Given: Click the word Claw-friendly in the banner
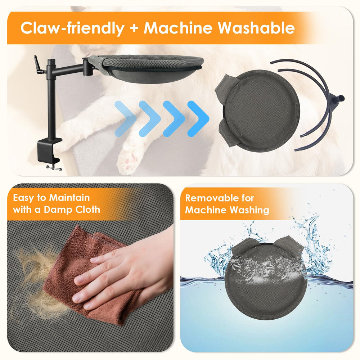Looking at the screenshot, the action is coord(72,28).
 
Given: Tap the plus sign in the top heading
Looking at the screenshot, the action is coord(134,28).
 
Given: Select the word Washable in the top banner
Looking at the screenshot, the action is coord(256,28).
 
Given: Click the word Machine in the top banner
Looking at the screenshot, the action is coord(178,28).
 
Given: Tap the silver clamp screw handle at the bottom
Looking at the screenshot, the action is coord(54,168).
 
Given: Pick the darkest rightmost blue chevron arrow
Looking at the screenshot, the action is coord(198,119).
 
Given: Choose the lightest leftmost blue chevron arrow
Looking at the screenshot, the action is coord(125,119).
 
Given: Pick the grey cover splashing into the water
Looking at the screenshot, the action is coord(266,279).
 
